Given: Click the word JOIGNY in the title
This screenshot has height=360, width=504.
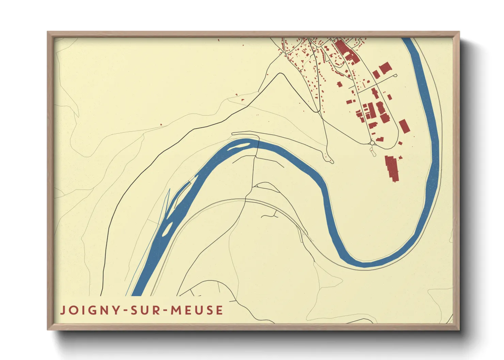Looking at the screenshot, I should (x=90, y=310).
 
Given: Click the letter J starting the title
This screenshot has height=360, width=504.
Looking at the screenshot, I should (x=63, y=311).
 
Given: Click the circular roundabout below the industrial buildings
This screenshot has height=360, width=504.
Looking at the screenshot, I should (x=373, y=143).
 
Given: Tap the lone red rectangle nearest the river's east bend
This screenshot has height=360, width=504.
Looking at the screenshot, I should (x=404, y=126).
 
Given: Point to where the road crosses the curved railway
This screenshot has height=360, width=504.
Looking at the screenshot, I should (x=245, y=200).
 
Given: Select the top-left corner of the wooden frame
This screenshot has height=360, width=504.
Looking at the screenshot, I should (x=48, y=32).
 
